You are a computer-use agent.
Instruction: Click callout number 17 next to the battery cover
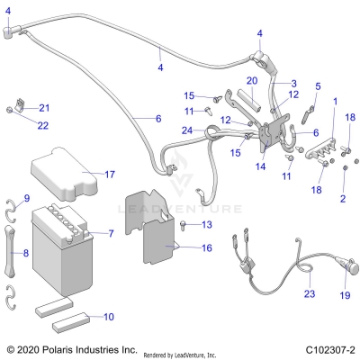coord(109,174)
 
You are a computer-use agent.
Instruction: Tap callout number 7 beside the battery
coord(111,234)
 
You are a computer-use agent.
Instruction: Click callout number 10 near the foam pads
coord(109,316)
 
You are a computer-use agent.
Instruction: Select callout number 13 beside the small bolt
coord(180,224)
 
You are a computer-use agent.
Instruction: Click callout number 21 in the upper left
coord(44,108)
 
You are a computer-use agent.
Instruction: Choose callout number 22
coord(44,124)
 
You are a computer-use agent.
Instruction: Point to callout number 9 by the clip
coord(26,198)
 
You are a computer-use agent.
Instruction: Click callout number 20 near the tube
coord(252,81)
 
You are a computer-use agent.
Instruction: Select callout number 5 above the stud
coord(317,86)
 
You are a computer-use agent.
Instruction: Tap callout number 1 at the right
coord(335,101)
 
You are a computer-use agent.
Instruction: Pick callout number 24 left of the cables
coord(186,130)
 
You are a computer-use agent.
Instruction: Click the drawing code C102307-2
coord(325,349)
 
